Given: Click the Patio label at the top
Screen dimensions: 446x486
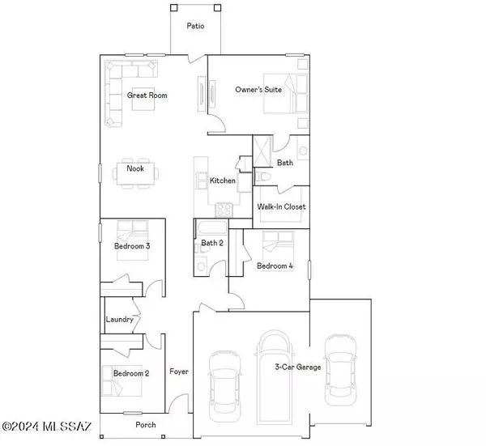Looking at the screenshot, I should pos(195,26).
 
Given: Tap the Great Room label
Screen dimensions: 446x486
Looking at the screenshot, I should pos(147,96).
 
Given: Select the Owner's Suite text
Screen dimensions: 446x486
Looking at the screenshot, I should pos(258,90).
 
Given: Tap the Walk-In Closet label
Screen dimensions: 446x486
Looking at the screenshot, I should pos(281,207).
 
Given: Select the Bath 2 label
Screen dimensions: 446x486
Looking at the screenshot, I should pos(211,242).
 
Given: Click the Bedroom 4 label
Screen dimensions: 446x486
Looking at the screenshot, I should pos(275,265).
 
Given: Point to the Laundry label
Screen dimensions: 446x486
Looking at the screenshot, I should pos(119,320).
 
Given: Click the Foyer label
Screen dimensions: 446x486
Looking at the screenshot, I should pos(178,372).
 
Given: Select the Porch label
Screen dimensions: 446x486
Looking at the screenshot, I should pos(146,425).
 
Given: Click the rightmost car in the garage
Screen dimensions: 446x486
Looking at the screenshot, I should pos(339,368).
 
